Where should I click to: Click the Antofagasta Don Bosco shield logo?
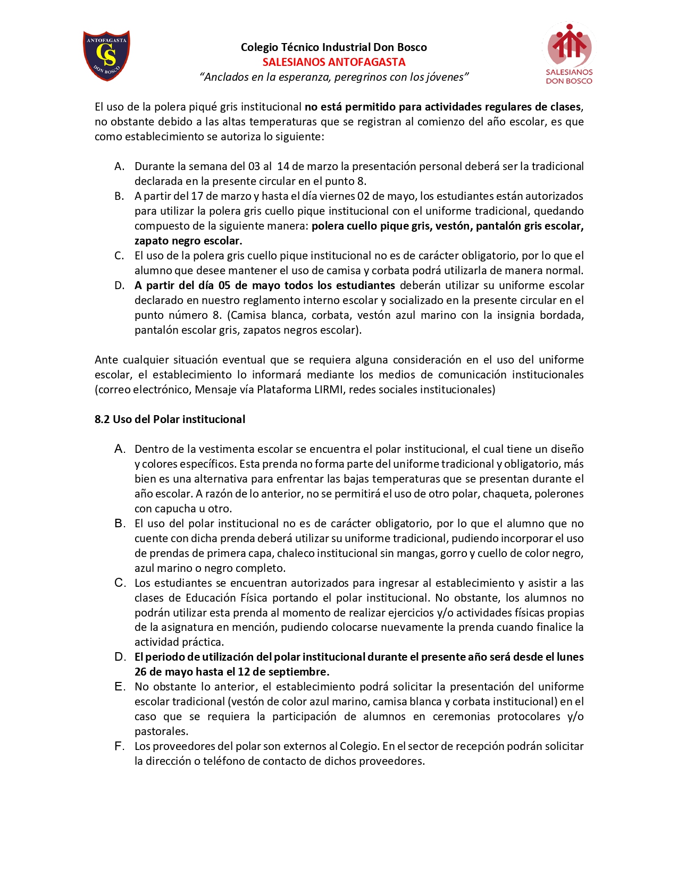(x=106, y=55)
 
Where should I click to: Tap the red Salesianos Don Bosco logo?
(x=568, y=54)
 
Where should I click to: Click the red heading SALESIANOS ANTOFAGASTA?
(x=334, y=62)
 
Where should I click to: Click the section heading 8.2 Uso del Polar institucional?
(x=170, y=419)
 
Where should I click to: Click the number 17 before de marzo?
(x=197, y=196)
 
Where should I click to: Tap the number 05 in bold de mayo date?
(x=224, y=285)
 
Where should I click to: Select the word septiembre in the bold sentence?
(x=301, y=672)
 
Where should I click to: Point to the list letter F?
(x=120, y=746)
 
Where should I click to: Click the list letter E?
(x=120, y=687)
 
